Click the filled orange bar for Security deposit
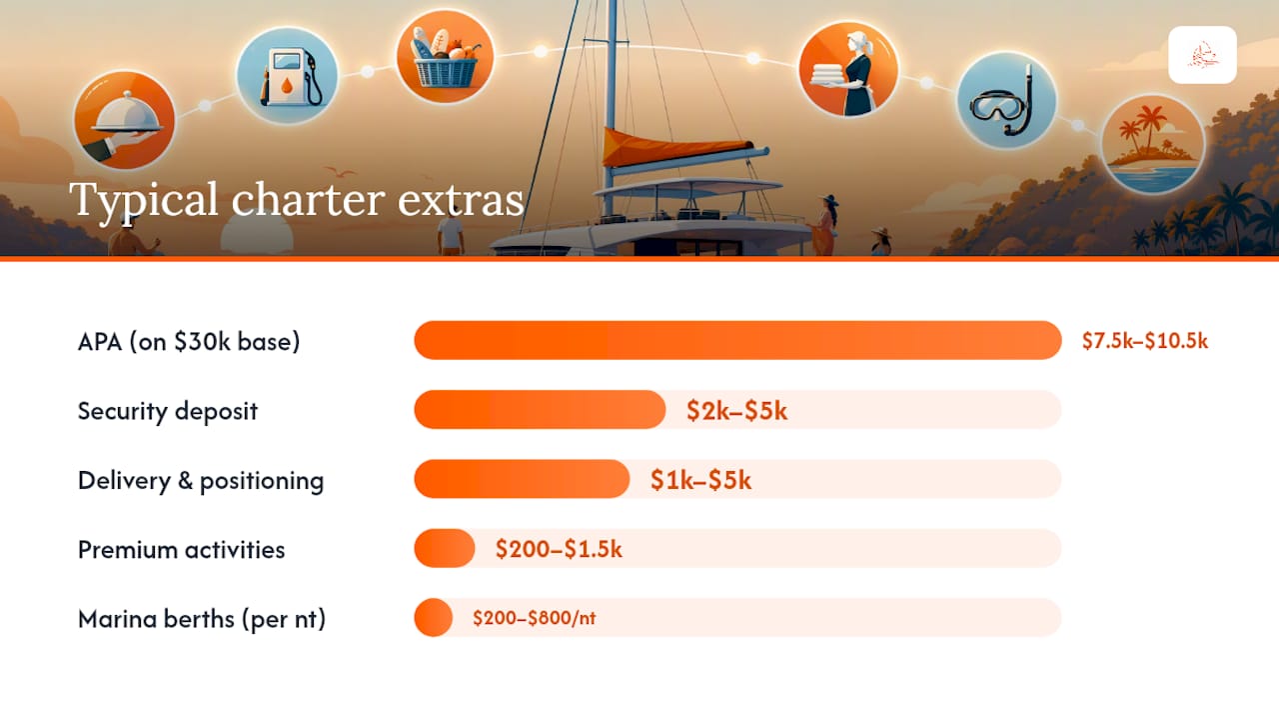[x=540, y=410]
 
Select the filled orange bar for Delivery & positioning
[x=522, y=479]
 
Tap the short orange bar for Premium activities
[x=445, y=549]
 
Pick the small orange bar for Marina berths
[x=434, y=618]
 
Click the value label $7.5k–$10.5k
[x=1145, y=341]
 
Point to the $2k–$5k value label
[x=736, y=411]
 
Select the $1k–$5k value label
[x=700, y=480]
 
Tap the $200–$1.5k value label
[x=559, y=549]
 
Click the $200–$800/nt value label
[x=534, y=618]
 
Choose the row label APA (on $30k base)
[x=189, y=342]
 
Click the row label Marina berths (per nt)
[x=202, y=619]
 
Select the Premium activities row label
[x=181, y=550]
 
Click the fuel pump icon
[x=287, y=76]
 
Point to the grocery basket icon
[x=446, y=57]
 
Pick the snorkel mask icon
[x=1006, y=101]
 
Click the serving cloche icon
[x=125, y=120]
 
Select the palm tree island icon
[x=1153, y=144]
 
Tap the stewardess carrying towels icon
[x=848, y=69]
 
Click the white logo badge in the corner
[x=1202, y=55]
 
